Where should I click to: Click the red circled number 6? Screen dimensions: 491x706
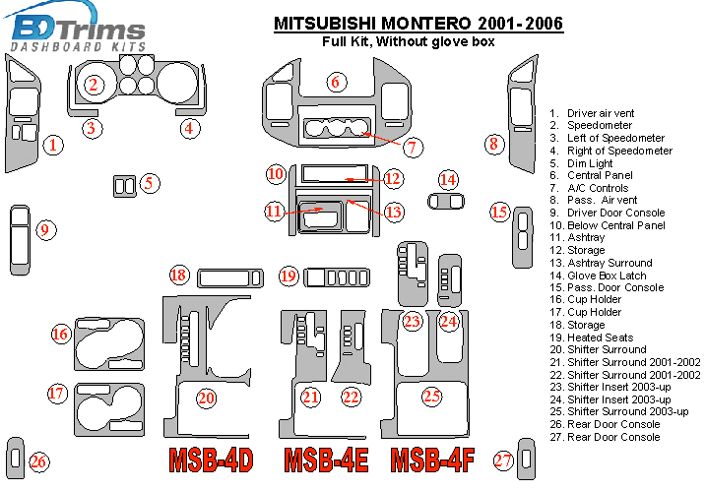(335, 82)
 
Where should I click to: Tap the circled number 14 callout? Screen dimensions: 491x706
(448, 179)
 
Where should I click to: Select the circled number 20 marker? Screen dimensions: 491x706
(206, 398)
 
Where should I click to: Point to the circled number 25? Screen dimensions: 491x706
(431, 397)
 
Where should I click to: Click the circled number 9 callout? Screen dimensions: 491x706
(44, 229)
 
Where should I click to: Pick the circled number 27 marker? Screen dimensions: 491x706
(503, 459)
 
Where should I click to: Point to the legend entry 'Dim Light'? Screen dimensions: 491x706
(593, 163)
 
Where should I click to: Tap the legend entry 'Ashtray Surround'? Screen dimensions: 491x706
(610, 263)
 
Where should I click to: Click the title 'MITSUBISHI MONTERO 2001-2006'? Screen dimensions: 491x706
(417, 22)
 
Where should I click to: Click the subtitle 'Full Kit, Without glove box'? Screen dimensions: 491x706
(408, 41)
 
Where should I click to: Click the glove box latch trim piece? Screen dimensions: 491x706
(448, 201)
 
